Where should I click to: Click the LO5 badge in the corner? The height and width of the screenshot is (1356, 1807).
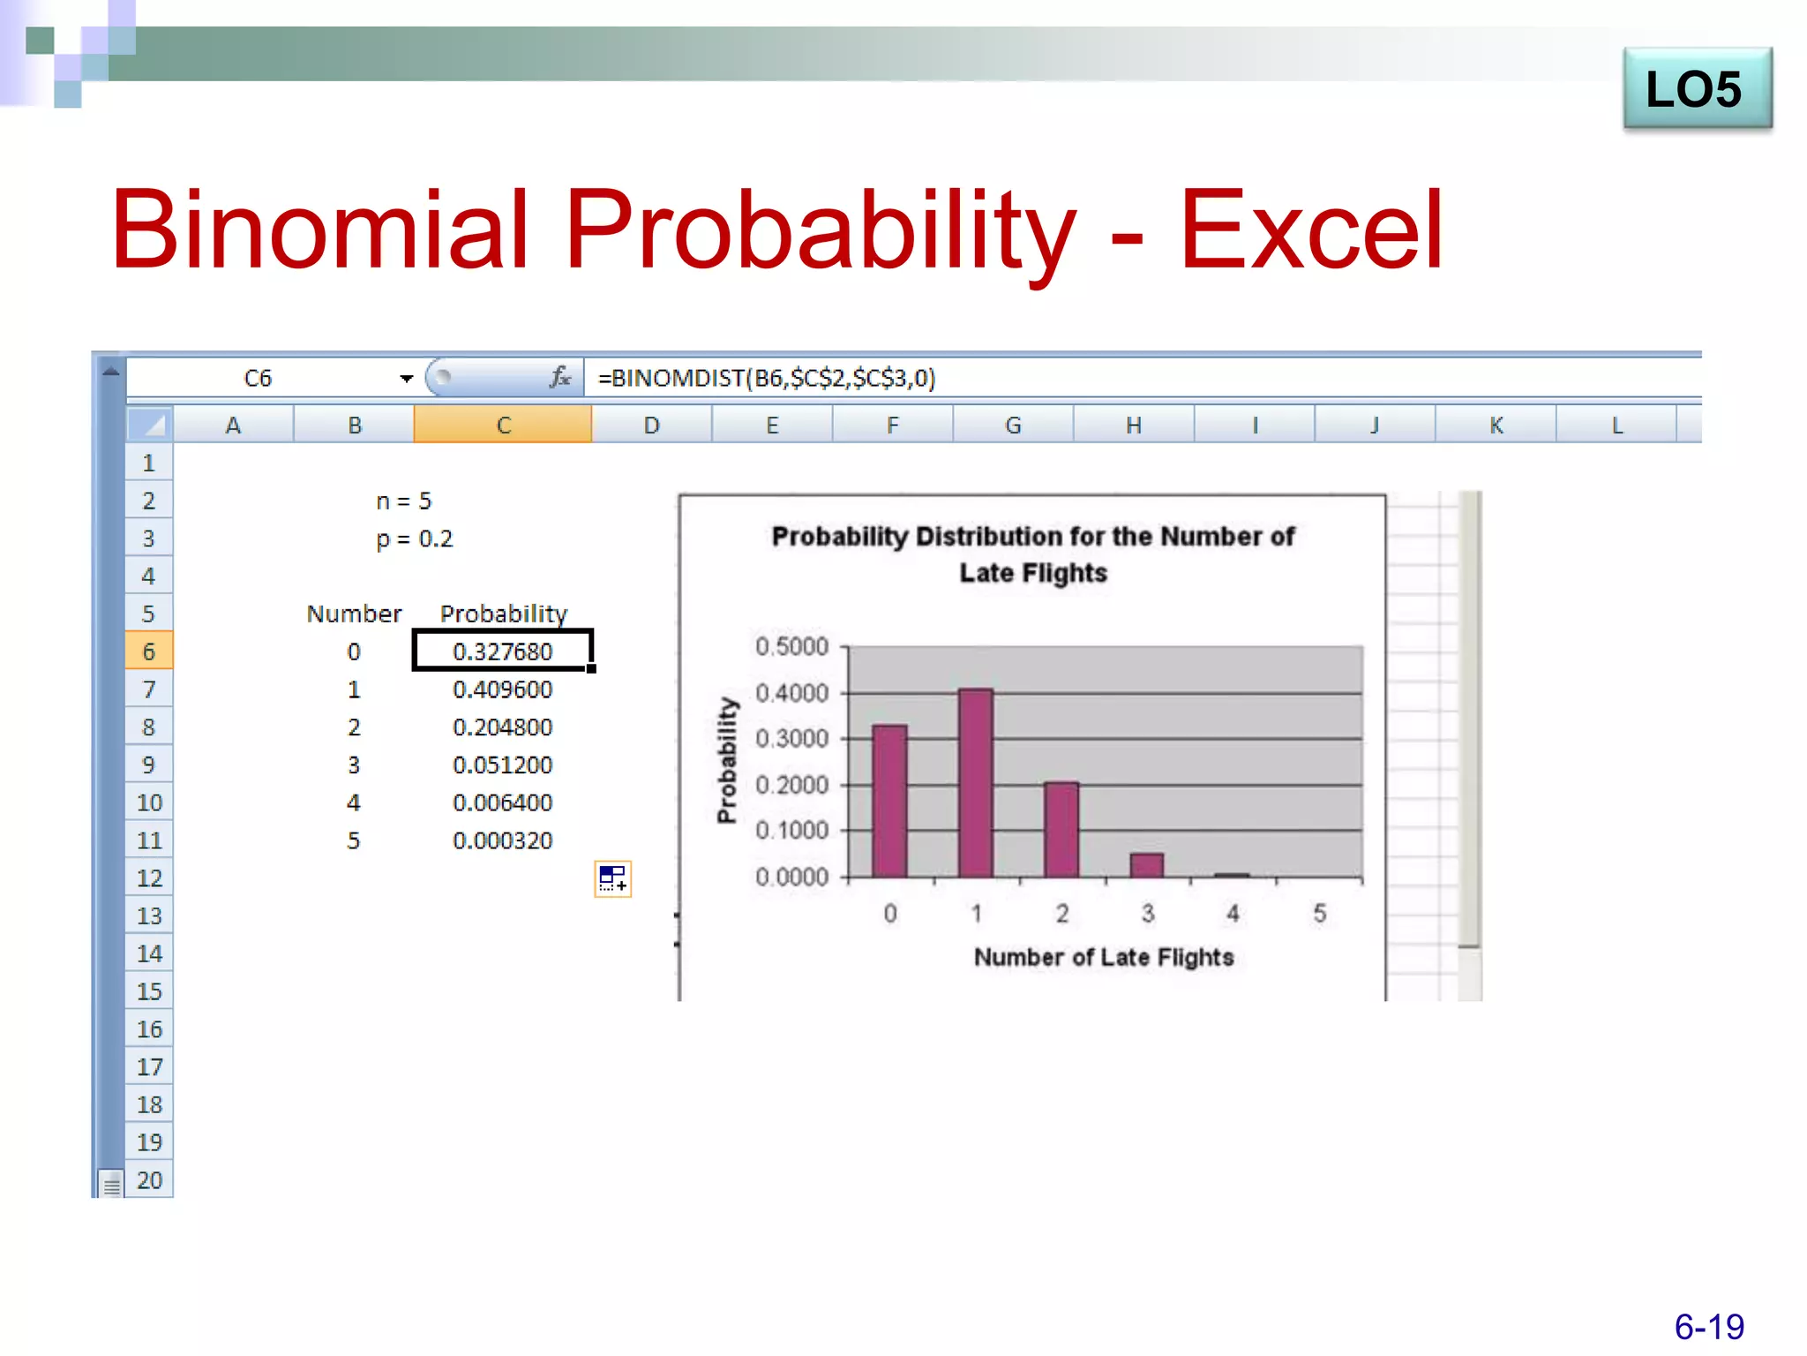coord(1696,89)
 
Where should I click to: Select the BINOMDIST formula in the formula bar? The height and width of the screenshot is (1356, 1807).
coord(766,378)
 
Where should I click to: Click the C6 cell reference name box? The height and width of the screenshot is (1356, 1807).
coord(258,378)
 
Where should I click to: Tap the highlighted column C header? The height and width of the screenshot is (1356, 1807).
coord(503,425)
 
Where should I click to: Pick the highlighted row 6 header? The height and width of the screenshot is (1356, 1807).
coord(148,652)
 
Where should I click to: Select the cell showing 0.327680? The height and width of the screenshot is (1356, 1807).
coord(502,652)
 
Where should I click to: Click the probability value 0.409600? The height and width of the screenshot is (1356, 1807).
coord(502,689)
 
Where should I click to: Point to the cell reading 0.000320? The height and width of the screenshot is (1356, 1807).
coord(502,840)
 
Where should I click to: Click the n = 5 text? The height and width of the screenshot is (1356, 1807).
coord(403,501)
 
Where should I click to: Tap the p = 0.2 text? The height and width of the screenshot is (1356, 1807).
coord(414,539)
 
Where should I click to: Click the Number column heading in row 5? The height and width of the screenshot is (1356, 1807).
coord(354,614)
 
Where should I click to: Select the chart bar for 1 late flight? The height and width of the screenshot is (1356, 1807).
coord(975,783)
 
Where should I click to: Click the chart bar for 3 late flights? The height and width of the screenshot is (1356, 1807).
coord(1146,865)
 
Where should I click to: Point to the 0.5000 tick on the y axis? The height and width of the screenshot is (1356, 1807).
coord(791,646)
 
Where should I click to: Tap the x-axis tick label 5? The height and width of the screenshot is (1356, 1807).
coord(1319,914)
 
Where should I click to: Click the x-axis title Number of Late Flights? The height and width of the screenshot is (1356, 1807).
coord(1103,957)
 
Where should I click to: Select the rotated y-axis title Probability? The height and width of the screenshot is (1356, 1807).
coord(726,760)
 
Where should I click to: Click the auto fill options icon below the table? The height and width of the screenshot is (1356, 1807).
coord(612,878)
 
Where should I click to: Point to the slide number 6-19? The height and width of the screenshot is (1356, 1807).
coord(1708,1326)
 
